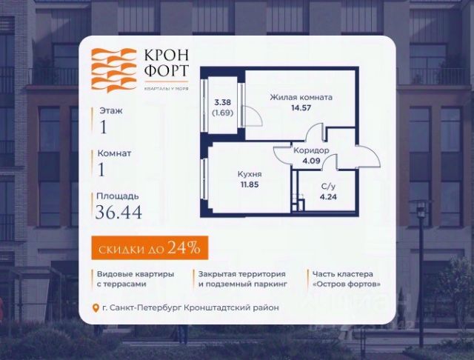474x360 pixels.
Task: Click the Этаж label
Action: tap(112, 110)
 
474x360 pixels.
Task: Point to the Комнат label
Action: tap(116, 153)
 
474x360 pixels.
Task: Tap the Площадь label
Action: tap(118, 196)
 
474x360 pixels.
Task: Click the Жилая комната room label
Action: tap(301, 97)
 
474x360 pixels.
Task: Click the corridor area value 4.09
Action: tap(306, 160)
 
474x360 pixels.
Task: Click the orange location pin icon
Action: tap(94, 308)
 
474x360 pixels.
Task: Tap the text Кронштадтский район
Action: tap(236, 308)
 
